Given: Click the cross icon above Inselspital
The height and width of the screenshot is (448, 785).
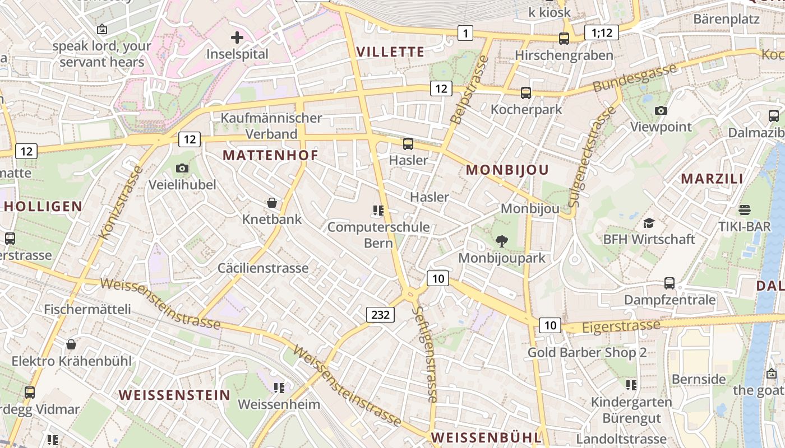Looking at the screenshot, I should pyautogui.click(x=237, y=38).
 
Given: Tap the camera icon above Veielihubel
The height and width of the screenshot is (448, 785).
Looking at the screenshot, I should pyautogui.click(x=182, y=168).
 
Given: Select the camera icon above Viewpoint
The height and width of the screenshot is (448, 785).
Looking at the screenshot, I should pyautogui.click(x=661, y=110).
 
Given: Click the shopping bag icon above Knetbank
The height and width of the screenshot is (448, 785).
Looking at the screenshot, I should pyautogui.click(x=272, y=202).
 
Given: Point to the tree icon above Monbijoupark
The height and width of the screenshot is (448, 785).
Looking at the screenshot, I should pyautogui.click(x=502, y=241).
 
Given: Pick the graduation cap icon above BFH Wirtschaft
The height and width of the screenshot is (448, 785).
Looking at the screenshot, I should pyautogui.click(x=649, y=223).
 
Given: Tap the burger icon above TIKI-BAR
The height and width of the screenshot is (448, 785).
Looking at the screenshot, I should pyautogui.click(x=745, y=210).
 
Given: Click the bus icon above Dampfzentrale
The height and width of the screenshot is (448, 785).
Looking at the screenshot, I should pyautogui.click(x=669, y=283).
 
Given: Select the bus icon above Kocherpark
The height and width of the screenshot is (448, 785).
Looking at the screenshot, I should pyautogui.click(x=526, y=92).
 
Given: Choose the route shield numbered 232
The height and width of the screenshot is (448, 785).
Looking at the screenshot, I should pyautogui.click(x=380, y=315).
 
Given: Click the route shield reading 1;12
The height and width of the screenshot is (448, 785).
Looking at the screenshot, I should pyautogui.click(x=602, y=32).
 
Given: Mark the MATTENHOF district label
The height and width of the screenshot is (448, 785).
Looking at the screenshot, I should pyautogui.click(x=271, y=155).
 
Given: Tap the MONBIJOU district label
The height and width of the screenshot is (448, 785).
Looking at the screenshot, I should pyautogui.click(x=507, y=170).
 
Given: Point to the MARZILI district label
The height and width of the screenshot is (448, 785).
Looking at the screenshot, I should pyautogui.click(x=712, y=179).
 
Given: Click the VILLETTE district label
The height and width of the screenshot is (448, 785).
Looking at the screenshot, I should pyautogui.click(x=390, y=52).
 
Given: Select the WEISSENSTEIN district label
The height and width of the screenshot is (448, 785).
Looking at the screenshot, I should pyautogui.click(x=174, y=395).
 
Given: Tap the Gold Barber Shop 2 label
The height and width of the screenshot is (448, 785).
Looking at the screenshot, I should pyautogui.click(x=587, y=352).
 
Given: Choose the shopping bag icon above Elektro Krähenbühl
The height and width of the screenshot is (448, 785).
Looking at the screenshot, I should pyautogui.click(x=71, y=344).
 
